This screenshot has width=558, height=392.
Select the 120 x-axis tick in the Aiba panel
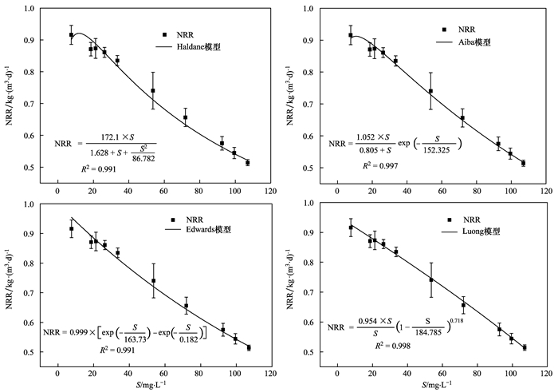click(x=544, y=192)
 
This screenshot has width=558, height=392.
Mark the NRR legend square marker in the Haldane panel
click(x=164, y=35)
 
